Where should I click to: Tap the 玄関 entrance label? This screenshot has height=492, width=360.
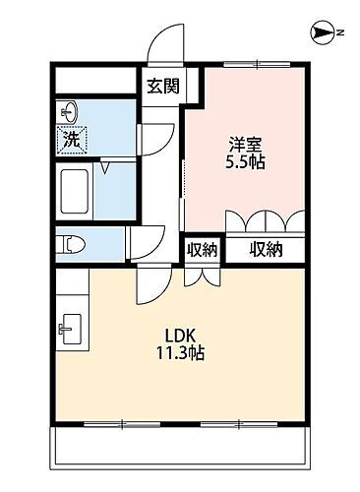tap(162, 86)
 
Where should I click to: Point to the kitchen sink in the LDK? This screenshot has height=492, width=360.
tap(70, 327)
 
